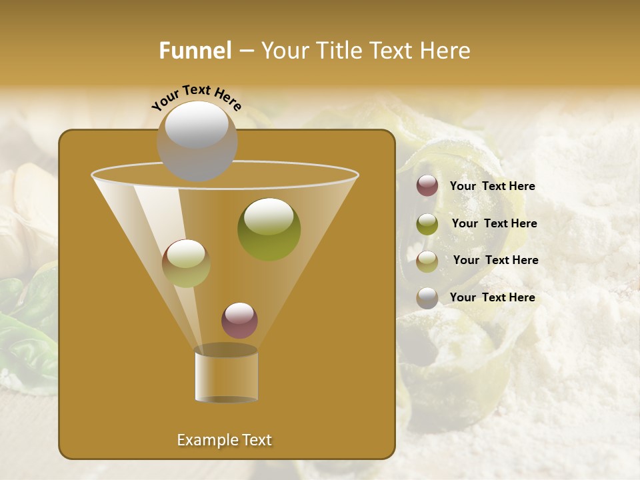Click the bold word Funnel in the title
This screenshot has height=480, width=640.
pos(195,51)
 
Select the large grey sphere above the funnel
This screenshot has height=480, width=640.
pos(197,141)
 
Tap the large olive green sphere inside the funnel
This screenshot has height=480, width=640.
pos(269,229)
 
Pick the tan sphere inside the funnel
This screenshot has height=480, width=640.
pos(186,263)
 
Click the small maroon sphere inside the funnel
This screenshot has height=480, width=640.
pos(239,320)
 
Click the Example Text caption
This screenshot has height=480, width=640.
pos(224,440)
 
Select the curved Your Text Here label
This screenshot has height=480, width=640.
pos(197,98)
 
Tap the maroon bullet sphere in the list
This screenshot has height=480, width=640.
pos(427,186)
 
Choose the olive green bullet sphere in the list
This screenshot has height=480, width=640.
pos(427,223)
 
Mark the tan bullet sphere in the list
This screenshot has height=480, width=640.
pos(427,261)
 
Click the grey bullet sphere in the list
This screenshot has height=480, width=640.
pos(427,297)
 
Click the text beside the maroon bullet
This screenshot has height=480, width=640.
pos(492,187)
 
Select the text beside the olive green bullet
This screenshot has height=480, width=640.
pos(494,224)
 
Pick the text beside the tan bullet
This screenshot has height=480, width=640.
pos(495,261)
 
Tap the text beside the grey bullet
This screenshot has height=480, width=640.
pos(492,297)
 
